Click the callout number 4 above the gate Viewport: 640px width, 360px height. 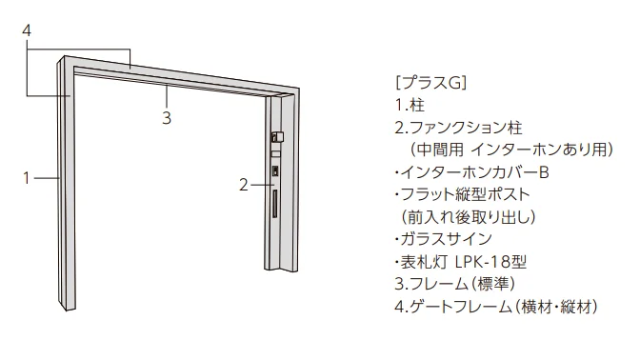coord(27,30)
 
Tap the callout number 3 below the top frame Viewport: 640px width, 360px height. coord(167,118)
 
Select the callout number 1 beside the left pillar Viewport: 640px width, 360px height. coord(27,178)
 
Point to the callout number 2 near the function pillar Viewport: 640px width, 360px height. coord(244,186)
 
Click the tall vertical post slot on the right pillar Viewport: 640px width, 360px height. coord(275,204)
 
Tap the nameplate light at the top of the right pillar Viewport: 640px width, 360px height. coord(277,136)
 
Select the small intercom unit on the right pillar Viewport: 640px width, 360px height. coord(275,171)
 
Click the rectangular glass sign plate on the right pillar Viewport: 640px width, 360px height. coord(276,154)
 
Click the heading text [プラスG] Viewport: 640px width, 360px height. coord(430,83)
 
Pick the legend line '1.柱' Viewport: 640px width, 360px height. coord(410,106)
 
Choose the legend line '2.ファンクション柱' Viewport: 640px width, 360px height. coord(459,128)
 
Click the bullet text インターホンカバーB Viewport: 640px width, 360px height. coord(474,172)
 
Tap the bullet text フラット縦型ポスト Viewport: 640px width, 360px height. coord(466,194)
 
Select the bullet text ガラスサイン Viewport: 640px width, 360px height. coord(446,239)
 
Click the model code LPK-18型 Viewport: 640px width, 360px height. coord(490,262)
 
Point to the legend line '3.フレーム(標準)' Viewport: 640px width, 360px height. coord(455,284)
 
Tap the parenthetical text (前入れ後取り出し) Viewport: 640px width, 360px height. coord(469,217)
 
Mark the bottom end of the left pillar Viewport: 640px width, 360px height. coord(66,309)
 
